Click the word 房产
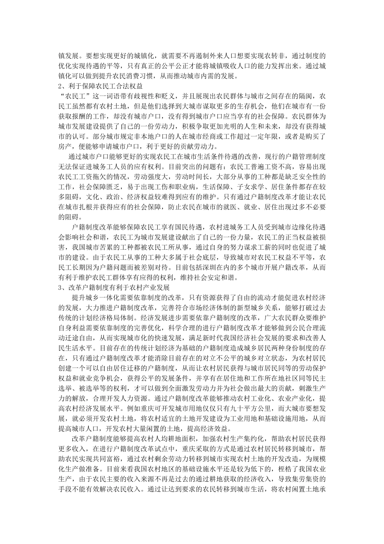(67, 147)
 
